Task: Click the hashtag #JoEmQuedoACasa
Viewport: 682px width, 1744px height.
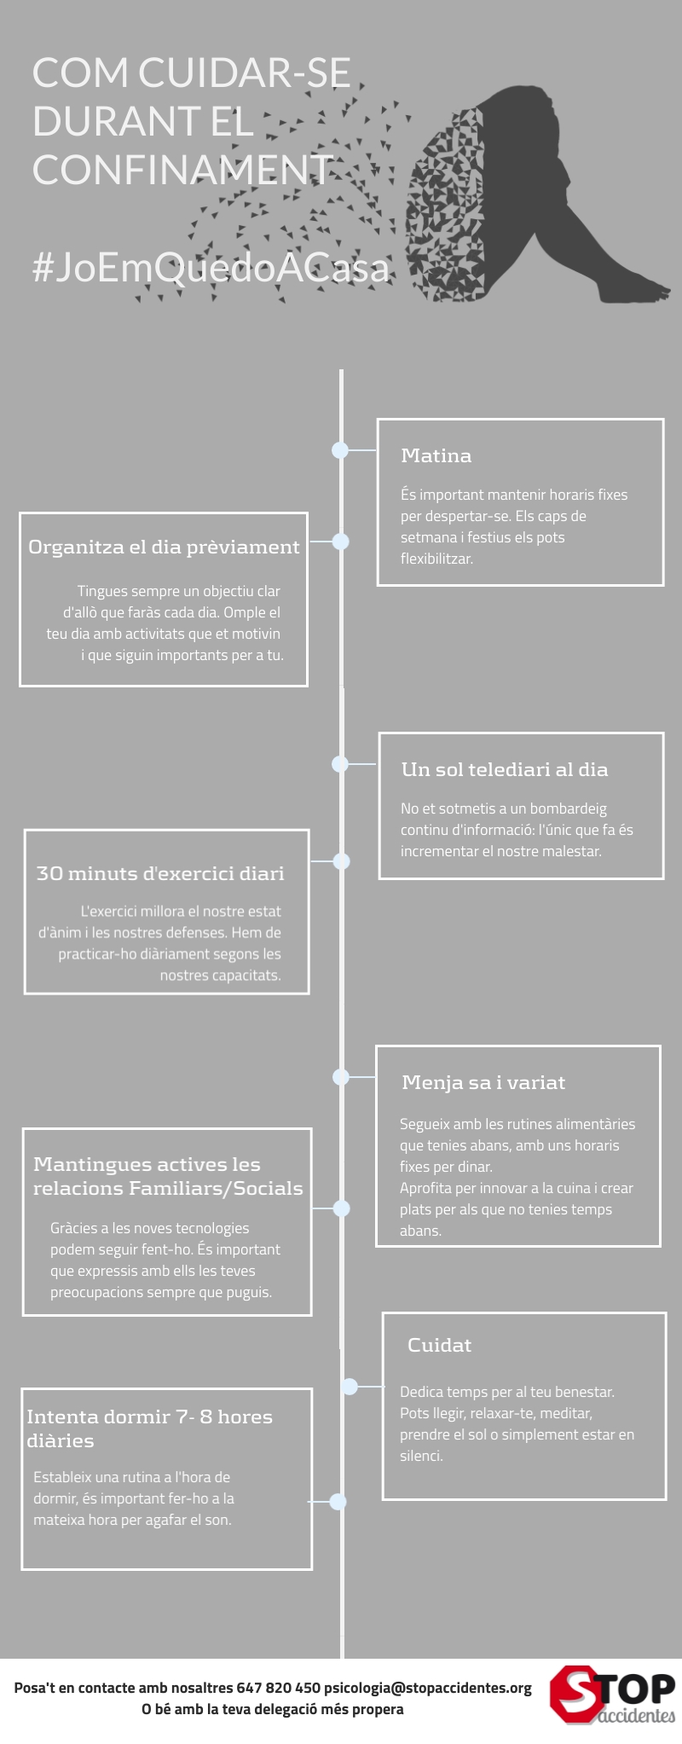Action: pos(211,267)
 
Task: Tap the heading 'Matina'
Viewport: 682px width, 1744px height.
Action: pos(436,455)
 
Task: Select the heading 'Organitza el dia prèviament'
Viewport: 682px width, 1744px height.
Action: pos(164,548)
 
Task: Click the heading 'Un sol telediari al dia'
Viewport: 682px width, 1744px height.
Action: pos(505,769)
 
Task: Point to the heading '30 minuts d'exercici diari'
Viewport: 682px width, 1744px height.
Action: pos(160,873)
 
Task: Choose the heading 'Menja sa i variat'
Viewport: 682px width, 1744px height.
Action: pos(483,1082)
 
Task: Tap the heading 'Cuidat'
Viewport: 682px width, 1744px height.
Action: pos(439,1345)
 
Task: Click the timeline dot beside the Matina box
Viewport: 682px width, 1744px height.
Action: pos(340,450)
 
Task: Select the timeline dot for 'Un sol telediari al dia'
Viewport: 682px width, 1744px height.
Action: pos(340,763)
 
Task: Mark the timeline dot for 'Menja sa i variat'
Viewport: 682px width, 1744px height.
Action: pos(341,1076)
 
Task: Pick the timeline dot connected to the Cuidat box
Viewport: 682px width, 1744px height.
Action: pos(350,1387)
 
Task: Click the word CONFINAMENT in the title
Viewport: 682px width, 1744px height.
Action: pos(182,169)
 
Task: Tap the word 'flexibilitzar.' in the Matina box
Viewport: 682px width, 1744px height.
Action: pos(436,559)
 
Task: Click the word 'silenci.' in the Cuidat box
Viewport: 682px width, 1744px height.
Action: pos(421,1456)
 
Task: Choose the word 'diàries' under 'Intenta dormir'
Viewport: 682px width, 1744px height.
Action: pos(61,1440)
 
